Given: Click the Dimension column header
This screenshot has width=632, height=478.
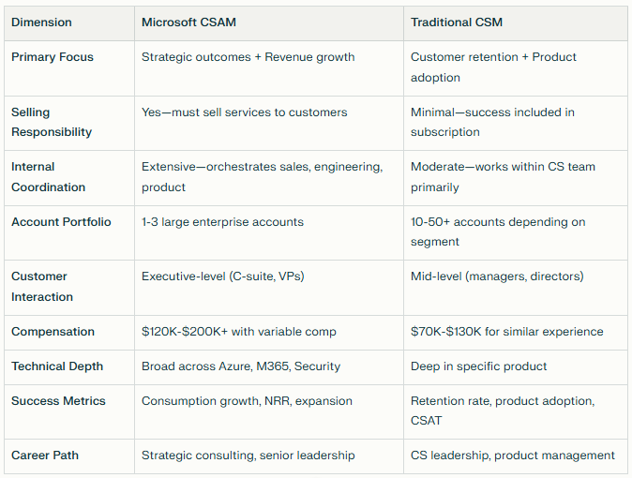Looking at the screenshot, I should [41, 22].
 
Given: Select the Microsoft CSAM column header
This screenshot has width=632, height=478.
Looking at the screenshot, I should [187, 22].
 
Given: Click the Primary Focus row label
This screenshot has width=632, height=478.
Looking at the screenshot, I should [53, 57].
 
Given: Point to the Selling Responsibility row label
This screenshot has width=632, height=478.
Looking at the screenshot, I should [52, 122].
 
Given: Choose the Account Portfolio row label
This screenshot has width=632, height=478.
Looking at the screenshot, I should [61, 222].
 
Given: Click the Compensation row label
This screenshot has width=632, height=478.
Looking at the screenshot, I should [53, 332].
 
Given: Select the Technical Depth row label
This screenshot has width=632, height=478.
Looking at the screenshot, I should [57, 366].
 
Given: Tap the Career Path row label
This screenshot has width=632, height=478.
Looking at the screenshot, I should [45, 456].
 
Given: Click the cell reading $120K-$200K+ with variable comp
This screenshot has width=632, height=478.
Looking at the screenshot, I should [237, 332].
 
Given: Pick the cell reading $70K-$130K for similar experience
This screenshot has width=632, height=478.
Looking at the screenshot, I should [506, 332].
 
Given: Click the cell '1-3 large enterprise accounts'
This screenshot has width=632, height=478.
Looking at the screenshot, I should [222, 222].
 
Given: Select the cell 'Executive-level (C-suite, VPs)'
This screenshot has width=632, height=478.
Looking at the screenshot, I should [223, 276].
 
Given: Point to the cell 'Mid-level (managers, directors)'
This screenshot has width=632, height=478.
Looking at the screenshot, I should [497, 276].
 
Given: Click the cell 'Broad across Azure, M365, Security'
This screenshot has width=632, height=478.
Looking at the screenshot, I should [241, 366].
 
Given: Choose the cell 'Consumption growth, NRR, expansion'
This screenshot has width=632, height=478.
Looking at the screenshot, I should [247, 401].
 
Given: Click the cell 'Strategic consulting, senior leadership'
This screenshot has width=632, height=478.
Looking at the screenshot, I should [248, 456].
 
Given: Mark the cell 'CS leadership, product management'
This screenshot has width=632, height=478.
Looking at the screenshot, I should [512, 456].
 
